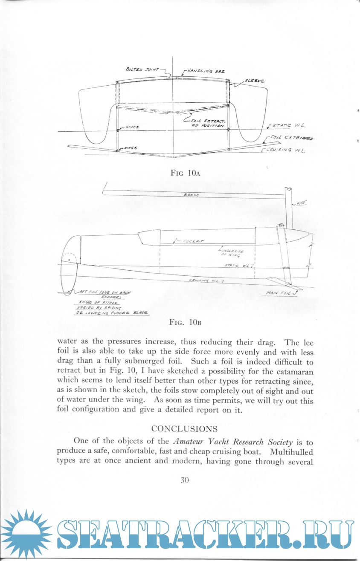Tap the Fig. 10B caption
coord(185,322)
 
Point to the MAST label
coord(302,204)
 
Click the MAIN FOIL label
coord(278,293)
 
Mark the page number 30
coord(184,480)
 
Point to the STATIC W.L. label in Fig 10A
coord(287,126)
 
